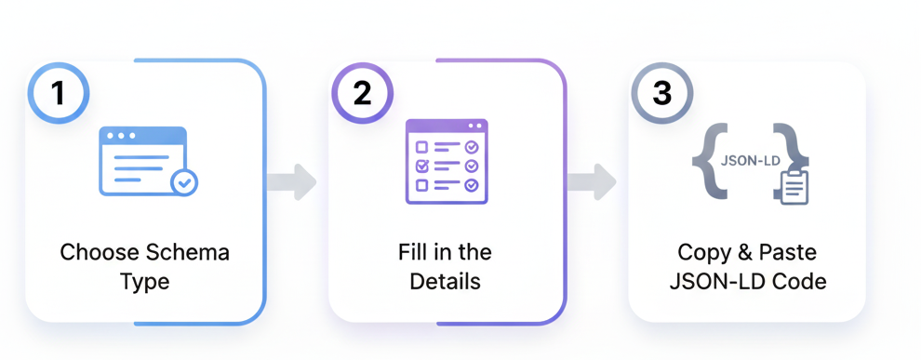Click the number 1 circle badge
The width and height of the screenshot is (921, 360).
58,93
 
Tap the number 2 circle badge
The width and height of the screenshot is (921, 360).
363,93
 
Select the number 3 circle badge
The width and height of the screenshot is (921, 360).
661,93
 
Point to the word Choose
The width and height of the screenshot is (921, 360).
99,252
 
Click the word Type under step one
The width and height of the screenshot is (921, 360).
144,281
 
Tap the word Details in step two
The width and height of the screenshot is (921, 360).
446,281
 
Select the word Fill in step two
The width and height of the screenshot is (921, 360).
413,252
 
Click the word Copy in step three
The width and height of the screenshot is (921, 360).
703,252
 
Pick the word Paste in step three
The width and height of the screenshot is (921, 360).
789,252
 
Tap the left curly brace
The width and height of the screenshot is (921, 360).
705,160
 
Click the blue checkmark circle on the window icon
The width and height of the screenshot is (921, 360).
184,182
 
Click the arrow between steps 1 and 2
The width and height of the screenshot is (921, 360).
291,181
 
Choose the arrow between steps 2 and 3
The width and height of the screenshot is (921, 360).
592,181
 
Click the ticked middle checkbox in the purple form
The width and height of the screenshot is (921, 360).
421,166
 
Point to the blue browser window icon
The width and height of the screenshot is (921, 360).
142,160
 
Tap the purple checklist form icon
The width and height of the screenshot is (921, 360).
447,160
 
